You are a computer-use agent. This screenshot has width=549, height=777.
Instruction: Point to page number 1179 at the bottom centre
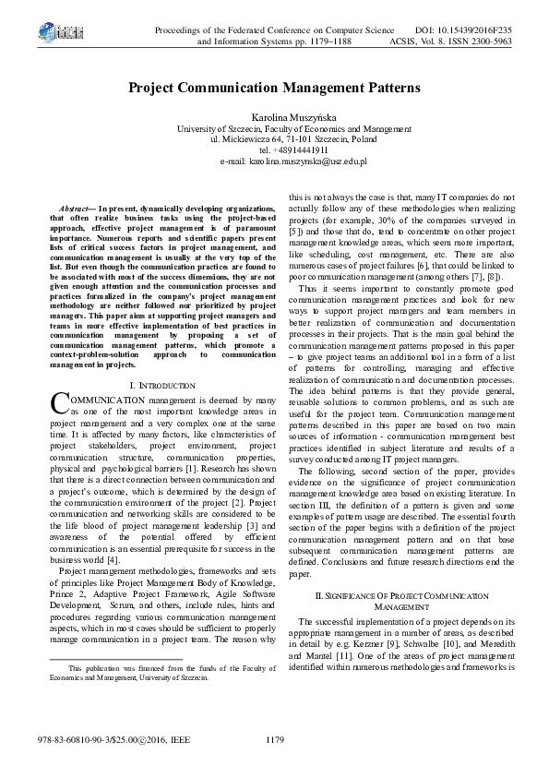point(274,738)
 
